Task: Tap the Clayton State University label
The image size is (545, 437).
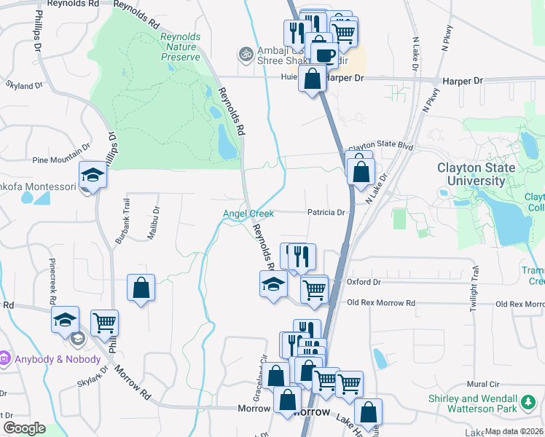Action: [476, 174]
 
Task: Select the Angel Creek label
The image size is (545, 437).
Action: [248, 213]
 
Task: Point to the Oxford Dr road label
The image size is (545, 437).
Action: [364, 282]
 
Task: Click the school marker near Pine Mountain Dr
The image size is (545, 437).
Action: [93, 175]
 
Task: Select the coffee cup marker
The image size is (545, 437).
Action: [324, 54]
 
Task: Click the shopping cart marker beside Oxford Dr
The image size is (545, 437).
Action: [314, 288]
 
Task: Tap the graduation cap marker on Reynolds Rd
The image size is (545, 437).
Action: [273, 284]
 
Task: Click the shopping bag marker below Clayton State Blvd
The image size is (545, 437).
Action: [361, 172]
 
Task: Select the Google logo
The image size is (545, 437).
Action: [24, 428]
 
